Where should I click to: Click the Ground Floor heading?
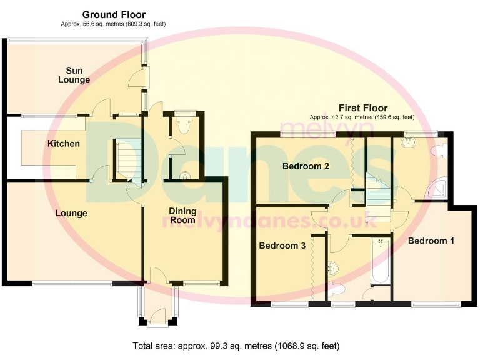tap(114, 14)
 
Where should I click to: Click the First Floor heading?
tap(363, 108)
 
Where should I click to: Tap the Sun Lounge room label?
tap(74, 75)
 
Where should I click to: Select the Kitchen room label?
tap(64, 144)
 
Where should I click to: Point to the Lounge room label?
tap(71, 214)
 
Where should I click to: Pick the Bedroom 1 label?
tap(431, 241)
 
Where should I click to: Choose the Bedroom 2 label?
tap(306, 166)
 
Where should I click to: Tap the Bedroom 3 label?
tap(282, 246)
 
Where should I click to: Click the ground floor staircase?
tap(127, 159)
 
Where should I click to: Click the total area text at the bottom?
tap(236, 346)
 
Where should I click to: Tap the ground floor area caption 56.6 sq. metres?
tap(114, 24)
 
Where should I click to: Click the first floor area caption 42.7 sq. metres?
tap(362, 117)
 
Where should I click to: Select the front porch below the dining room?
tap(159, 306)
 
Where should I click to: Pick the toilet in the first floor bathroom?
tap(336, 289)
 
